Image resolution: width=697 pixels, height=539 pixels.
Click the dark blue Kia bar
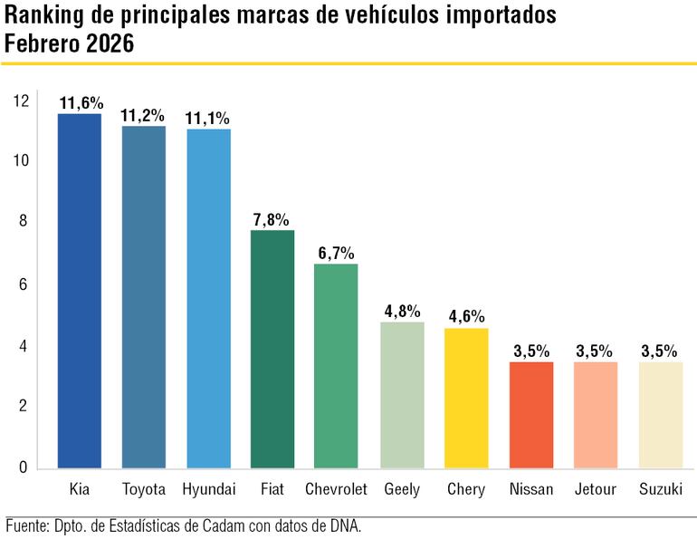click(x=79, y=290)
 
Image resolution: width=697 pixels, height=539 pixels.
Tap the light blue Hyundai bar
click(x=208, y=298)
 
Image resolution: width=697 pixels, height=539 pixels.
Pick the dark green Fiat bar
click(x=272, y=349)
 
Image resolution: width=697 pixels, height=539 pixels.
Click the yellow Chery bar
click(x=466, y=398)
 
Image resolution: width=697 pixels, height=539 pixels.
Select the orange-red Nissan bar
click(x=531, y=415)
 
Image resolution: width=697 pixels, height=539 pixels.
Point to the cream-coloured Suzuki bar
click(x=660, y=415)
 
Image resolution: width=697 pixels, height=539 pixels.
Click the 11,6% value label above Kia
click(x=80, y=102)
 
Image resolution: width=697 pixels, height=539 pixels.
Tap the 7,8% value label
click(x=272, y=219)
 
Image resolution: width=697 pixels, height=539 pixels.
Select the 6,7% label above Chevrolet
click(x=337, y=253)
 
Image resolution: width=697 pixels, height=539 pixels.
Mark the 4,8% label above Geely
click(x=402, y=311)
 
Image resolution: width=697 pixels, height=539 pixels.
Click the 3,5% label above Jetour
click(x=596, y=351)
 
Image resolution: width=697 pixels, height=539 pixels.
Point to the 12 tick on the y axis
click(x=20, y=101)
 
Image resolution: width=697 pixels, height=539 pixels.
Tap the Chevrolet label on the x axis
click(x=336, y=489)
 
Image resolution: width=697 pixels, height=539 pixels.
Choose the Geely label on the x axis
click(x=402, y=489)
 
